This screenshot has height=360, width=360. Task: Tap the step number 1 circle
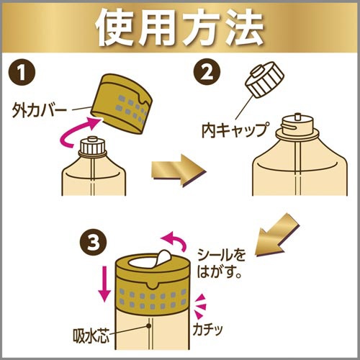[22, 73]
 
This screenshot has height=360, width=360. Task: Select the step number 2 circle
[207, 72]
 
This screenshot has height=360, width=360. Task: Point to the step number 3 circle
[94, 243]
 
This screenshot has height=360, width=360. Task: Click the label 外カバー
[40, 111]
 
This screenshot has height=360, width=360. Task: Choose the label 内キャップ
[235, 130]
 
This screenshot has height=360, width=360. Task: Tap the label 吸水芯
[91, 335]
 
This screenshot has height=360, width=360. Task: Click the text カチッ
[208, 329]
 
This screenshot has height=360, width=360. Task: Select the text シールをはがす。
[221, 264]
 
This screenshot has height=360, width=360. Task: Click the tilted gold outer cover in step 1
[122, 103]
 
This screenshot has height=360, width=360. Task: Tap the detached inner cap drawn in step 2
[264, 80]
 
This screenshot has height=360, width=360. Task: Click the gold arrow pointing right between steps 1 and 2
[179, 171]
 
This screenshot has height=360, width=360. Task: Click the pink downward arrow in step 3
[104, 284]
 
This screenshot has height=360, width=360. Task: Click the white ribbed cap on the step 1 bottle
[92, 145]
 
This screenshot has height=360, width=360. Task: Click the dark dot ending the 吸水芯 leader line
[149, 325]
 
